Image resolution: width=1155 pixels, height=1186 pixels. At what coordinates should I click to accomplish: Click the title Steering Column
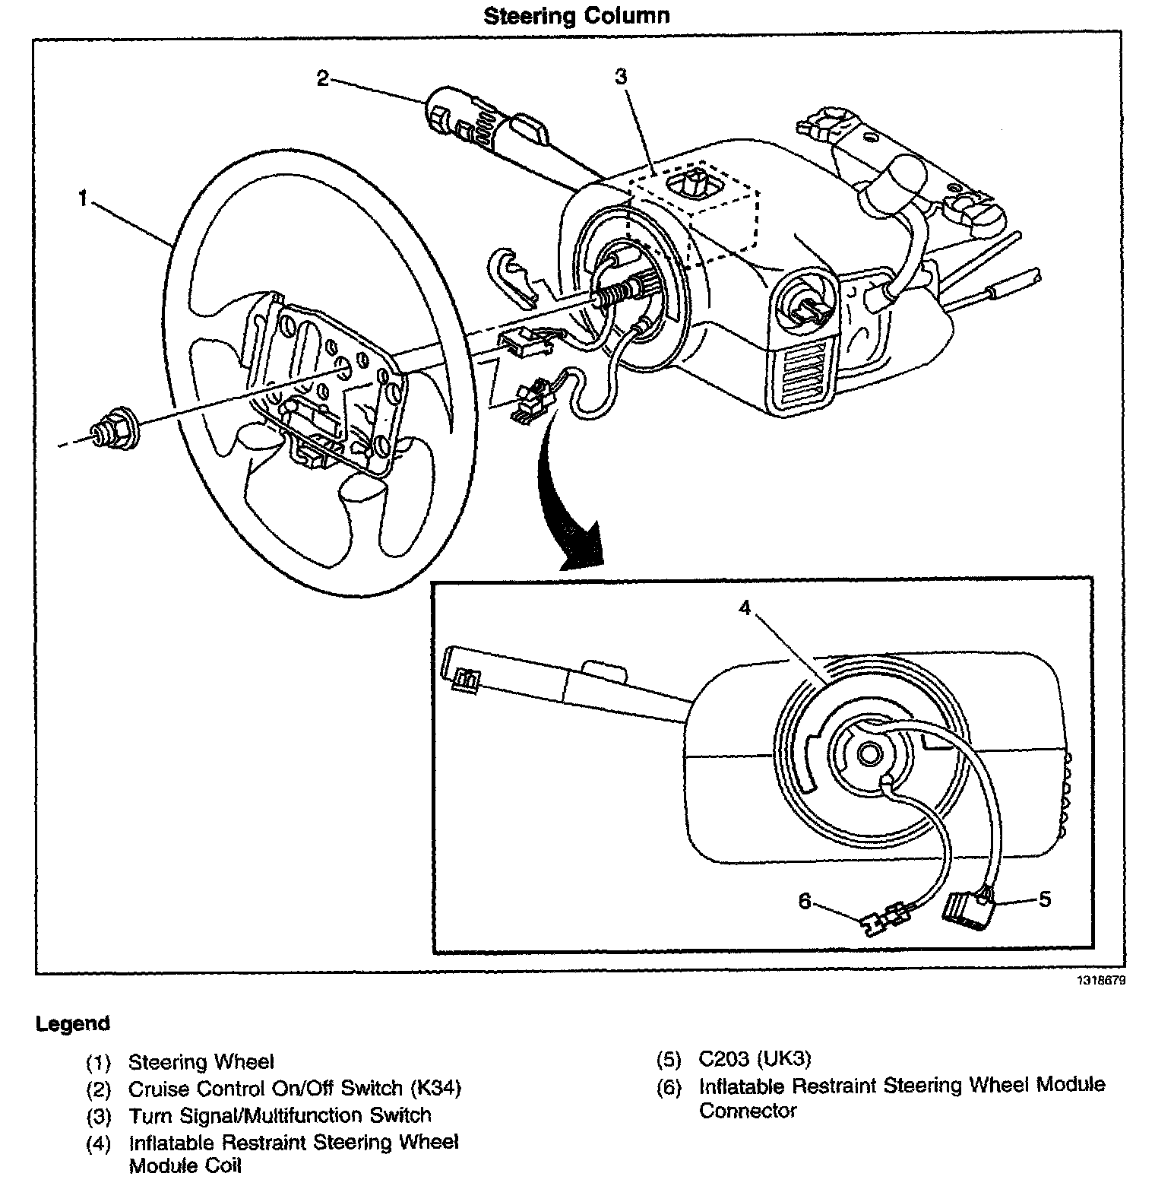tap(577, 15)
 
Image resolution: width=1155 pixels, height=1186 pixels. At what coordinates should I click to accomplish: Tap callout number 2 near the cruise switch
tap(323, 78)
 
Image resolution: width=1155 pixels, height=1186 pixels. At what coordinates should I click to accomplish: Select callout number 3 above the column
tap(621, 76)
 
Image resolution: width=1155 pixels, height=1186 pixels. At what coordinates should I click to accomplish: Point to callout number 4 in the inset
tap(745, 608)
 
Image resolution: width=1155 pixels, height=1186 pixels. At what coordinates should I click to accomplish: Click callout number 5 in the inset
tap(1045, 899)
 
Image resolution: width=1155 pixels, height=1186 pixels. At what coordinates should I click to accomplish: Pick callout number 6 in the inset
tap(805, 901)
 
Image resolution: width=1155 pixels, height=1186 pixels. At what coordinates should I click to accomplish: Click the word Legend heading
tap(73, 1023)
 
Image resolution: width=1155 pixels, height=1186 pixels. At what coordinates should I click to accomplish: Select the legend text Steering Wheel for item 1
tap(201, 1061)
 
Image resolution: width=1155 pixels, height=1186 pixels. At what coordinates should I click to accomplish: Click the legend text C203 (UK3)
tap(755, 1058)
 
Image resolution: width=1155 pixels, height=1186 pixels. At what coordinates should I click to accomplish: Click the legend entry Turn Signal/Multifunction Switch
tap(280, 1115)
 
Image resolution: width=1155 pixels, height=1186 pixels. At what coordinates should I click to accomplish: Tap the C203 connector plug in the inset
tap(967, 910)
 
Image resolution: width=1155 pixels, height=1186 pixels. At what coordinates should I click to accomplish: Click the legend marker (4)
tap(98, 1143)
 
